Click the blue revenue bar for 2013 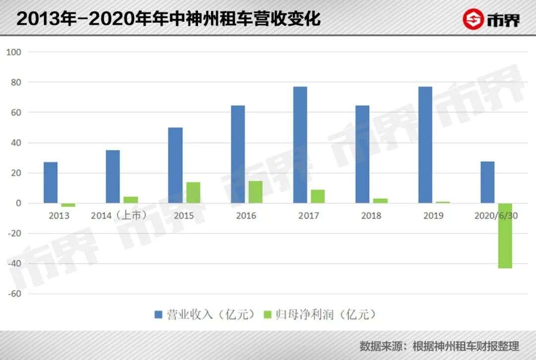[51, 183]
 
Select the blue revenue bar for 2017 [300, 145]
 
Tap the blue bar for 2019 [425, 145]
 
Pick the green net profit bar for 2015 [193, 193]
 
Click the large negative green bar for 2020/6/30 [505, 235]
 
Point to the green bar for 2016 [256, 192]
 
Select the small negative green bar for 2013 [68, 205]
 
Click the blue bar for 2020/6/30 [487, 182]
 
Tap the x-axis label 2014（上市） [119, 216]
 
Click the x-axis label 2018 [371, 216]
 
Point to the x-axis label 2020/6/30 [496, 216]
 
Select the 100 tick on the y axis [14, 52]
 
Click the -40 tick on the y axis [14, 264]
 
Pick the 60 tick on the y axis [16, 113]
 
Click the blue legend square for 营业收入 [158, 314]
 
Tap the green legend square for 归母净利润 [268, 314]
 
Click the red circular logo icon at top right [473, 19]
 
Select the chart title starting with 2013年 [169, 18]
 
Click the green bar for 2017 [318, 197]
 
